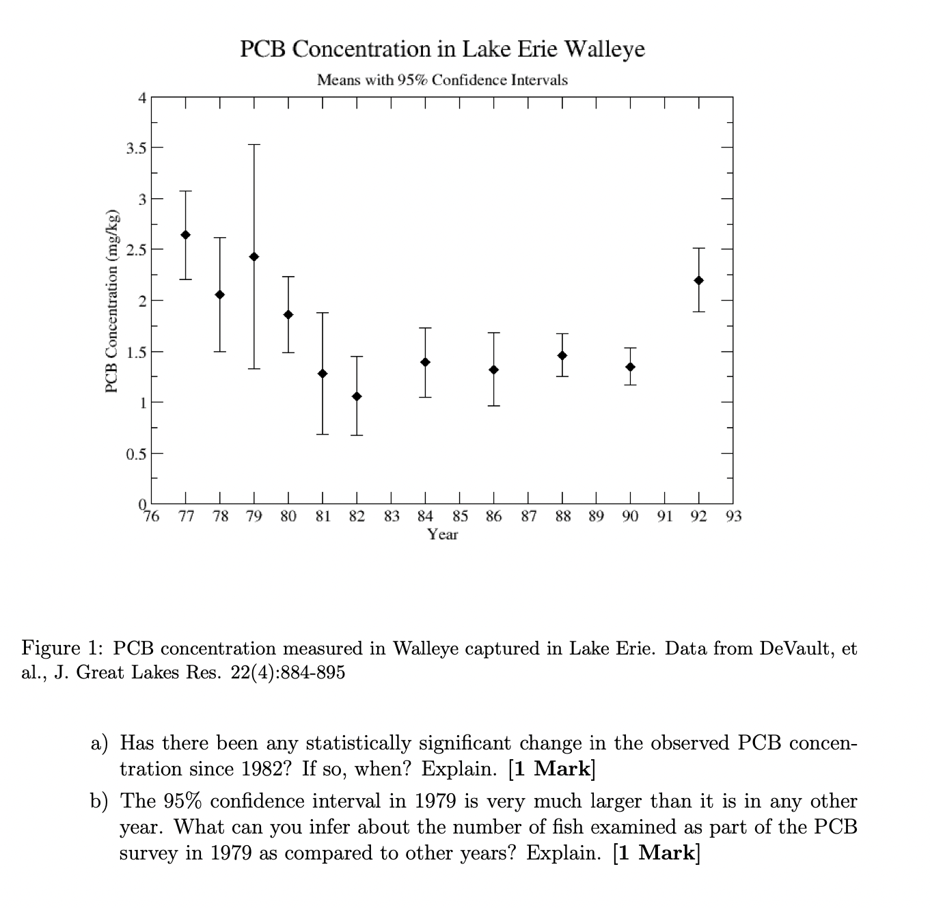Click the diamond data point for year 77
tap(185, 235)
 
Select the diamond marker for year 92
tap(698, 281)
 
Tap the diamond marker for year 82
tap(357, 397)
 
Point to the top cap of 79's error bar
tap(254, 145)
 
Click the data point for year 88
tap(562, 355)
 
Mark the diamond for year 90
tap(630, 368)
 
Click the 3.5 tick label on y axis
tap(135, 148)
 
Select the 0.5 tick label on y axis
tap(135, 454)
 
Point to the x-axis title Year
tap(443, 535)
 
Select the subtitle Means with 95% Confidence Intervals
tap(443, 81)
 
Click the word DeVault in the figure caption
tap(795, 648)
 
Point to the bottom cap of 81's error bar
tap(323, 435)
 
